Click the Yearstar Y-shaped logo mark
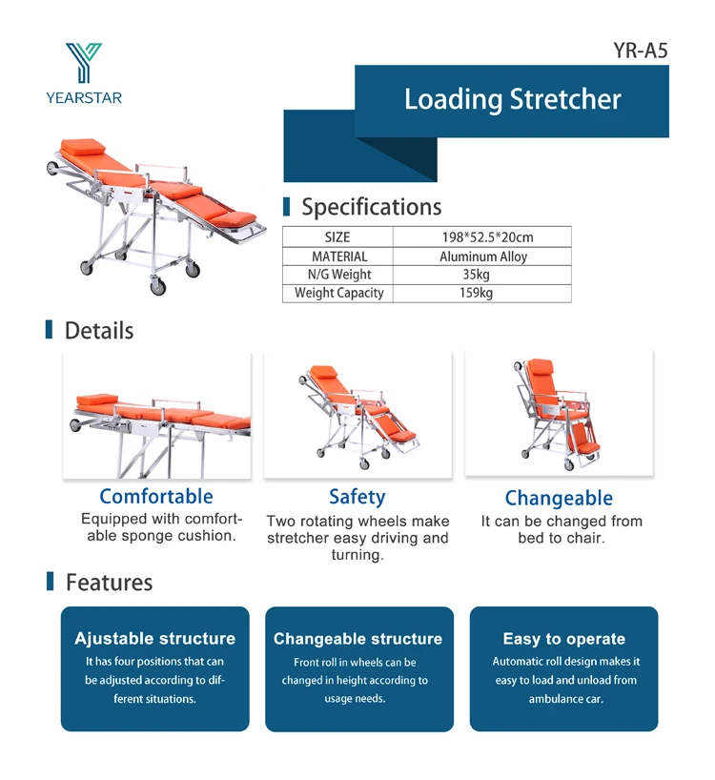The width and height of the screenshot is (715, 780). coord(84,62)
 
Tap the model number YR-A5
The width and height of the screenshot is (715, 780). coord(640,51)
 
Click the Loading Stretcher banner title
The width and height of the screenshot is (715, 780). coord(512,99)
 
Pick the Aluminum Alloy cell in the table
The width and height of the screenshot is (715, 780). coord(482,257)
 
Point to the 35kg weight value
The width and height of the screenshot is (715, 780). coord(476,275)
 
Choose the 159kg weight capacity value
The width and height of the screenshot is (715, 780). coord(476,293)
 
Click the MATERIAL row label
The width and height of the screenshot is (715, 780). coord(339,257)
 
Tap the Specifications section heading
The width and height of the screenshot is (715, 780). coord(372,207)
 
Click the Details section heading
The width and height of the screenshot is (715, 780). coord(99,330)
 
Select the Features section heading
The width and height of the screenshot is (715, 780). coord(109,583)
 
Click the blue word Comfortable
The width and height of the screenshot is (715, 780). coord(156,497)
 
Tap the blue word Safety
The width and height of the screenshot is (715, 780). coord(357,497)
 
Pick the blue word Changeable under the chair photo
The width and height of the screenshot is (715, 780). coord(559,498)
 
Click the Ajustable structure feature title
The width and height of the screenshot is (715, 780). coord(154,638)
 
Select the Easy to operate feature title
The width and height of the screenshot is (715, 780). coord(563,639)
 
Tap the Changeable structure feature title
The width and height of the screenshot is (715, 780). coord(357,639)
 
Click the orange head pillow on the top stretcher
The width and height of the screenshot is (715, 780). coord(83,146)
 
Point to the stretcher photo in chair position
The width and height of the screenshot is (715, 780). coord(559,414)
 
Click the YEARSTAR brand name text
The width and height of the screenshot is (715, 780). coord(84,97)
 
